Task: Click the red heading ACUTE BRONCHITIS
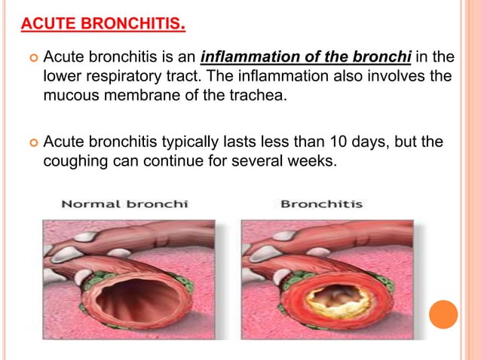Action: point(103,26)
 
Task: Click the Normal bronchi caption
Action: point(124,204)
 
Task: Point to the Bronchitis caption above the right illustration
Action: point(321,204)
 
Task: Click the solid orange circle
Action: point(443,314)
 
